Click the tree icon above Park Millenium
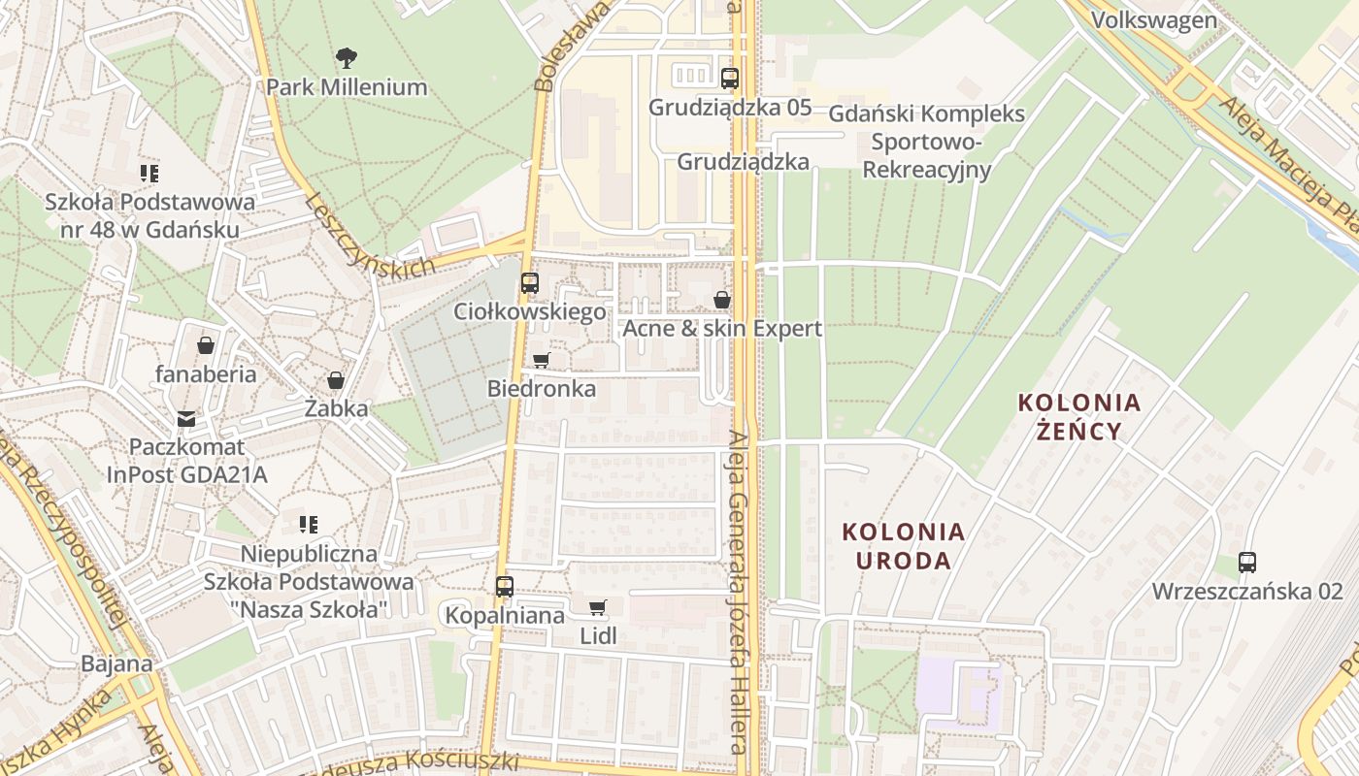[346, 58]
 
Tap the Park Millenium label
[347, 87]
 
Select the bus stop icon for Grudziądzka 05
[729, 79]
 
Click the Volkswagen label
[1153, 20]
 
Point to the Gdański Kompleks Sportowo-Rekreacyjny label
[926, 142]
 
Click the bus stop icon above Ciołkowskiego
[529, 283]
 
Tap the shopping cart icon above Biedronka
[541, 361]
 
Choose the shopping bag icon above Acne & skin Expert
[721, 300]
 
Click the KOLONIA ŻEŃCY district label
[1078, 416]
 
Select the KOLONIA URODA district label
[904, 546]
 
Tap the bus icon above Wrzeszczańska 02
[1246, 562]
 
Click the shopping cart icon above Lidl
[597, 608]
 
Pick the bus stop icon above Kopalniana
[504, 586]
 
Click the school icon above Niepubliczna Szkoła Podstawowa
[308, 525]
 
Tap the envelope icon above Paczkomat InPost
[186, 419]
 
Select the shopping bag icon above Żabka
[336, 380]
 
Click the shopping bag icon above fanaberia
[206, 345]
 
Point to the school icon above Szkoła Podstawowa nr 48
[149, 174]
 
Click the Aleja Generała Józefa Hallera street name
[741, 592]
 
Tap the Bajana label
[116, 664]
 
